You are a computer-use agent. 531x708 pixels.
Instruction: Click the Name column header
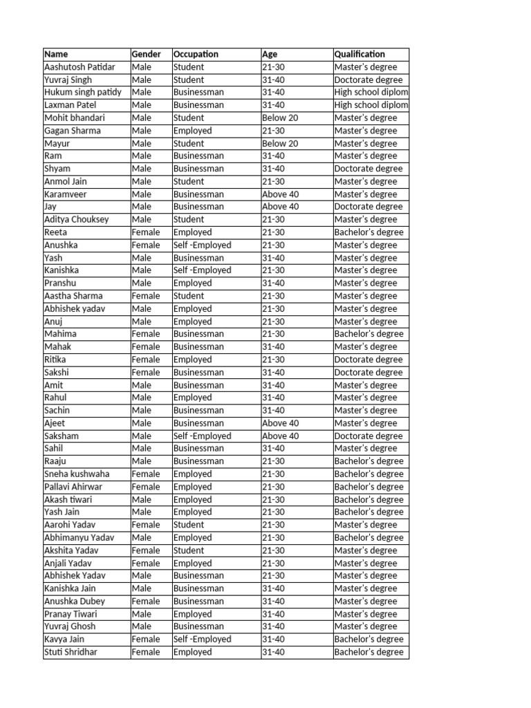point(56,55)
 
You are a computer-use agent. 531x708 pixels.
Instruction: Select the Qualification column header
point(360,55)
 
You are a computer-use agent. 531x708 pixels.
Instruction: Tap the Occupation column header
point(196,55)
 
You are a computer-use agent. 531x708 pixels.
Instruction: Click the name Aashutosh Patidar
point(80,67)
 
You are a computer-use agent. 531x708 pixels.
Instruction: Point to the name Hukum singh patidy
point(82,93)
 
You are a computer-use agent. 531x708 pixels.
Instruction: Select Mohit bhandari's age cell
point(280,118)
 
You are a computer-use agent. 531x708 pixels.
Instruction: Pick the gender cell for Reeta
point(145,232)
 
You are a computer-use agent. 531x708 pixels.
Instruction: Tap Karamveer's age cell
point(280,194)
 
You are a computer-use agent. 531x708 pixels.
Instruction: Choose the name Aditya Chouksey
point(76,220)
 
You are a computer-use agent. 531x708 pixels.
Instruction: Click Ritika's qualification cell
point(368,360)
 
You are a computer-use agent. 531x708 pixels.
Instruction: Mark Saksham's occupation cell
point(202,436)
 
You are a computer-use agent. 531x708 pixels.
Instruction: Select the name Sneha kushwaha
point(77,474)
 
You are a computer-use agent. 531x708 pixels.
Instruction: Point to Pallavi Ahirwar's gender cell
point(145,487)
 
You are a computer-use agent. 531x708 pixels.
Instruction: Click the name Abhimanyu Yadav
point(79,538)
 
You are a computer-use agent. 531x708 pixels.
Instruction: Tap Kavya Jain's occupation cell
point(202,640)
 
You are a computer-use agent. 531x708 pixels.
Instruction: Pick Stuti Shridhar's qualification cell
point(369,652)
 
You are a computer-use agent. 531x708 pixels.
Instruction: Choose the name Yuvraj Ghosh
point(70,626)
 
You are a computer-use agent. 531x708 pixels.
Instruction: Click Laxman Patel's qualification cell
point(371,105)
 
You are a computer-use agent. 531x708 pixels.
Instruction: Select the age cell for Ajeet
point(280,423)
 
